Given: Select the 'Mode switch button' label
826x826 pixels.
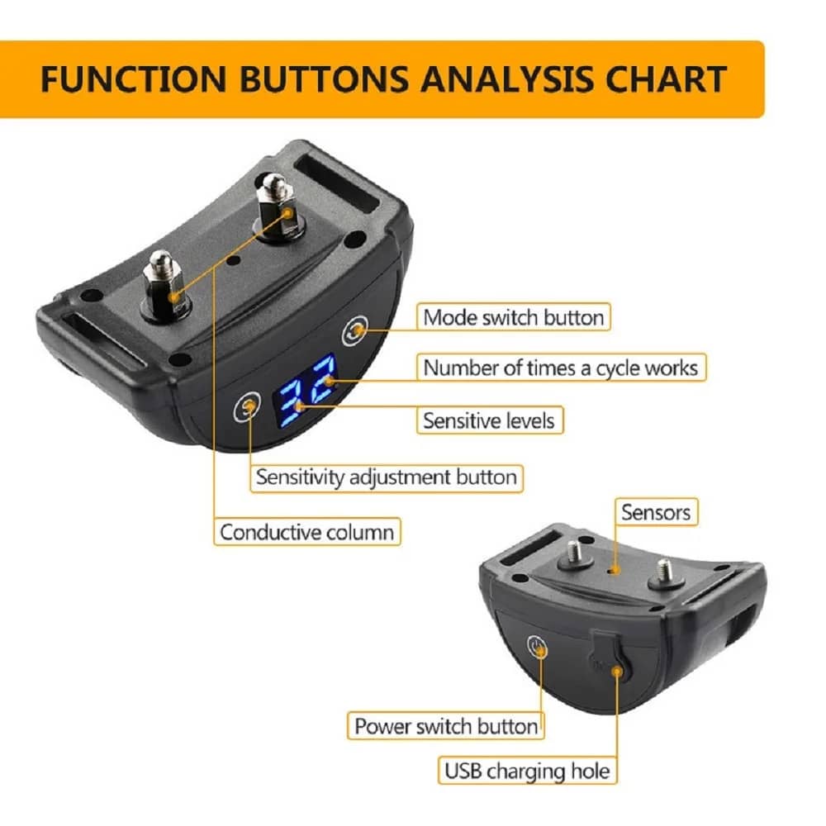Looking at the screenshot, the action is coord(514,317).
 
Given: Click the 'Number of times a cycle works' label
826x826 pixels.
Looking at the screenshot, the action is coord(561,368).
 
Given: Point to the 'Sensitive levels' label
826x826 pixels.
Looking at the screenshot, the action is coord(489,420).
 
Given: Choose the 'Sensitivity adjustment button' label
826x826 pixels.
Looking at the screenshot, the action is coord(387,477).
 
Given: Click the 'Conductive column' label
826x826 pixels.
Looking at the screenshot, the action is coord(307,532).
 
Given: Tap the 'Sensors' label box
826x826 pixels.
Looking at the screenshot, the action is coord(656,512).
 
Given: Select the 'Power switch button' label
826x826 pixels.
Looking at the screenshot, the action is coord(446,726).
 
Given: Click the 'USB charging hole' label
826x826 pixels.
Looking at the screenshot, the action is coord(527,771).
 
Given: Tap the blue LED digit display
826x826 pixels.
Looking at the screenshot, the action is coord(304,391).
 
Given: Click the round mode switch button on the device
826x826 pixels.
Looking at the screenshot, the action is coord(354,331).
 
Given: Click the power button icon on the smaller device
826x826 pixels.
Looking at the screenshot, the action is coord(538,647).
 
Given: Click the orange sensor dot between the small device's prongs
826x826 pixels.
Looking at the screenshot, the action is coord(611,571).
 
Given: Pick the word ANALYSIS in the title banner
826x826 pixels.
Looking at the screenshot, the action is coord(507,79).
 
